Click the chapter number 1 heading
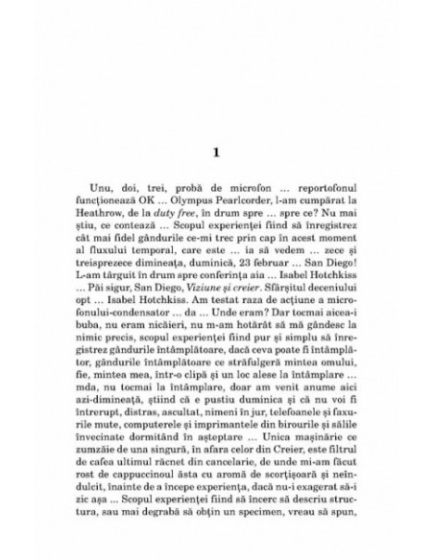click(216, 152)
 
